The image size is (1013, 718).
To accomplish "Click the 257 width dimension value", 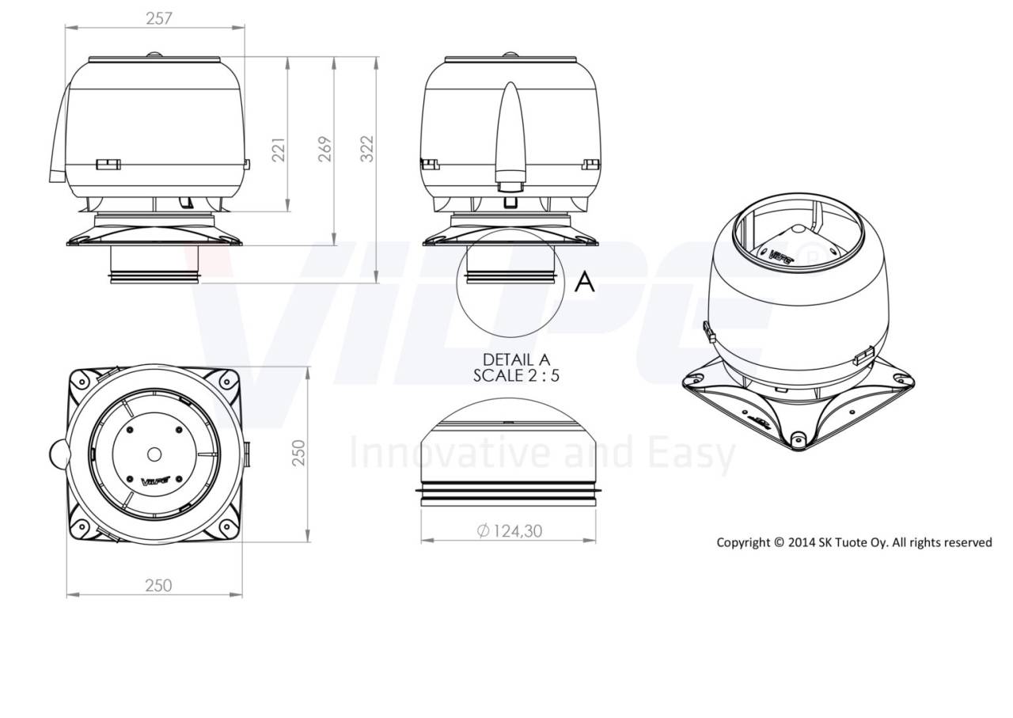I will coord(158,18).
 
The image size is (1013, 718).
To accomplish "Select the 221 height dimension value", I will coord(279,149).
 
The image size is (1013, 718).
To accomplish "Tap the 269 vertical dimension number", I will coord(325,149).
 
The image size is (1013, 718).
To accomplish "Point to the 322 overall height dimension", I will coord(367,149).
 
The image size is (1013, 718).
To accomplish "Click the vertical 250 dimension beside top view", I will coord(298,454).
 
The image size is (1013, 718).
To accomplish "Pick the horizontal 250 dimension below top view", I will coord(158,585).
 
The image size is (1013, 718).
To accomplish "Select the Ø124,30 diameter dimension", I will coord(510,531).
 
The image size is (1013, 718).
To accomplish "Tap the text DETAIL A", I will coord(516,360).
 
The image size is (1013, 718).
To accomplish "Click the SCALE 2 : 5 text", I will coord(516,376).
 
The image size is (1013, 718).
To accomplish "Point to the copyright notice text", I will coord(854,542).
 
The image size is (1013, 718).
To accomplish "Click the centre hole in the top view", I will coord(154,454).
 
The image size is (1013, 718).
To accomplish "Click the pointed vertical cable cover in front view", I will coord(510,135).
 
